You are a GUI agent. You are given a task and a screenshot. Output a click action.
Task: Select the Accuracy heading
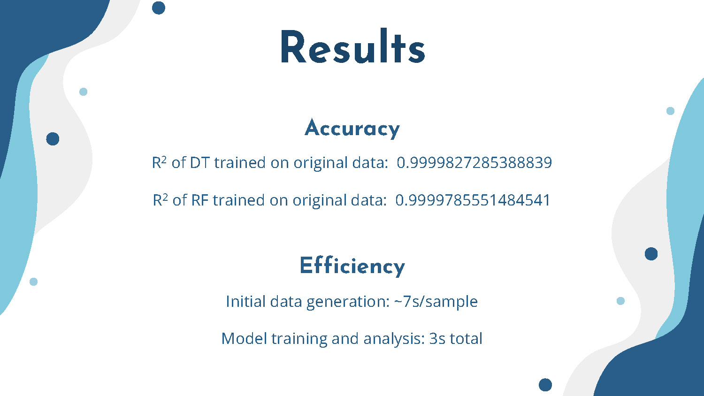[352, 129]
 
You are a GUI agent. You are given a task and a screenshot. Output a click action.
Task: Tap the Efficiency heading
[352, 266]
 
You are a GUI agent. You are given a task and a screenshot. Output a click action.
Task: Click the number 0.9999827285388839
[474, 162]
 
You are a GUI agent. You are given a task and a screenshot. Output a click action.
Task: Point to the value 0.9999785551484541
[473, 200]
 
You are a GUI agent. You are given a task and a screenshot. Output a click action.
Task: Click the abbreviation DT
[200, 162]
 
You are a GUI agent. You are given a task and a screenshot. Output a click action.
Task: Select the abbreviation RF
[200, 200]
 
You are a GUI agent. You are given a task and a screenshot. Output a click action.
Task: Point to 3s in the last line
[437, 339]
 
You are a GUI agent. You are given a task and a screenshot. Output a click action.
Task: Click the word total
[466, 338]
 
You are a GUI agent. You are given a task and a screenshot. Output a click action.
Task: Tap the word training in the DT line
[240, 162]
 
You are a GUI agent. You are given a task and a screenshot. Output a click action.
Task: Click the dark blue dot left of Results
[159, 8]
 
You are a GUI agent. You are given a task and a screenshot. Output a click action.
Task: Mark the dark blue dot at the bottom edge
[545, 385]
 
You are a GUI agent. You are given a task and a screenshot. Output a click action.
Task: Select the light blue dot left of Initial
[34, 282]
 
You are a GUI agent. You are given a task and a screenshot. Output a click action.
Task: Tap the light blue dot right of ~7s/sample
[621, 301]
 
